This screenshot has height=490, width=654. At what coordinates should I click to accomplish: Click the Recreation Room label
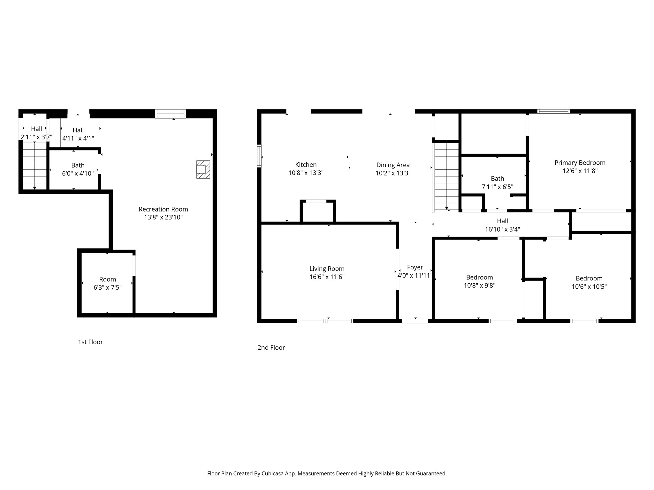[x=163, y=209]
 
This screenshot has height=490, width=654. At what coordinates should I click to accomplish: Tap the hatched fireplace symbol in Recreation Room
[x=203, y=169]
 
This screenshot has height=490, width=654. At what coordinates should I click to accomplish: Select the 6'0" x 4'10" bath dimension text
[x=78, y=174]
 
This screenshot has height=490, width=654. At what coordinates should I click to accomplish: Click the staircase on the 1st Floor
[x=34, y=166]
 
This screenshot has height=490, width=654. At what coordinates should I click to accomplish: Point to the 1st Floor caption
[x=90, y=342]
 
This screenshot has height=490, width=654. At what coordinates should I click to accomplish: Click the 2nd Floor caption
[x=271, y=348]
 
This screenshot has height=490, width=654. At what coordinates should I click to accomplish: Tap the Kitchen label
[x=306, y=165]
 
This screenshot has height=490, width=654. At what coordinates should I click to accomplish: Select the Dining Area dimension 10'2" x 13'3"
[x=393, y=173]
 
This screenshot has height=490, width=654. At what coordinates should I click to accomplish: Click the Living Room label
[x=327, y=269]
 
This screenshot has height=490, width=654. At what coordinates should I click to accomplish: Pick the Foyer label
[x=415, y=267]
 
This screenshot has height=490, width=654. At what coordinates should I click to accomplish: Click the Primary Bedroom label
[x=580, y=163]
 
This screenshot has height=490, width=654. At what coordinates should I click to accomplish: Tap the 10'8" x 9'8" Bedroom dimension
[x=479, y=286]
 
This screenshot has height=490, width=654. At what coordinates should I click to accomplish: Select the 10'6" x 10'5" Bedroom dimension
[x=589, y=286]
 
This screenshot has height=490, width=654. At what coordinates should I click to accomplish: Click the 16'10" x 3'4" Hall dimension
[x=502, y=229]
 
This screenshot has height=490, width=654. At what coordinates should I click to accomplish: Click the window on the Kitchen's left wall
[x=259, y=156]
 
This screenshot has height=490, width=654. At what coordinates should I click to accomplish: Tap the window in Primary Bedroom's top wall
[x=553, y=111]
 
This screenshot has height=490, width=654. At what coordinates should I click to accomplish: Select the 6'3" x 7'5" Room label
[x=107, y=279]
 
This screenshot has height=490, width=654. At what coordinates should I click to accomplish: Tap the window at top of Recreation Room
[x=171, y=114]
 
